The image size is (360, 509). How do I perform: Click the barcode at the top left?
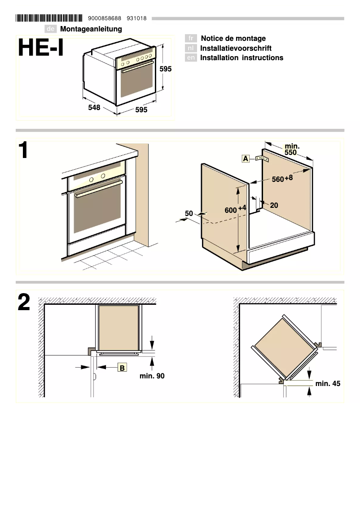coord(49,18)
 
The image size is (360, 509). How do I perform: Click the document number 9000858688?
coord(105,18)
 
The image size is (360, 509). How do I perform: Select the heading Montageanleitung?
coord(91,29)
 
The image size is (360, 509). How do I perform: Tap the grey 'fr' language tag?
coord(191,39)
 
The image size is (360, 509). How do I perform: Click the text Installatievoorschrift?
coord(236,48)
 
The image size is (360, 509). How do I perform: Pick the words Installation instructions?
coord(241,57)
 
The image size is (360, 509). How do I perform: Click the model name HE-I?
coord(41,48)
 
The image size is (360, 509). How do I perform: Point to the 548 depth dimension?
coord(94,108)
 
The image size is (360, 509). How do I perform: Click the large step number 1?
coord(23,151)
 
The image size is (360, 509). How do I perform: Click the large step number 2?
coord(24,303)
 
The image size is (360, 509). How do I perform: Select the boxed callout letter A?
coord(246,158)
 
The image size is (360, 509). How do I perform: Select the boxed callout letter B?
coord(122,368)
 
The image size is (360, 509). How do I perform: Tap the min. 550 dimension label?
coord(292,149)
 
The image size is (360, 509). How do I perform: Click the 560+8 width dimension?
coord(282,179)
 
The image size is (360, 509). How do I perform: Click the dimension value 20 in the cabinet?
coord(274,206)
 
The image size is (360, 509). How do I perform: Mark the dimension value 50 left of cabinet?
coord(189,214)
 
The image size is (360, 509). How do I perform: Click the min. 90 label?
coord(152,376)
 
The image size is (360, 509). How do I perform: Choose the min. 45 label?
coord(328,383)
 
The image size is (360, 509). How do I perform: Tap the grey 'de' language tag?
coord(51,29)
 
